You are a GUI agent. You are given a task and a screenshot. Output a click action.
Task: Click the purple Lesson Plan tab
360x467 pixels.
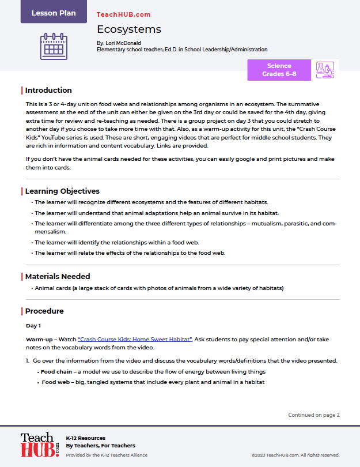(54, 13)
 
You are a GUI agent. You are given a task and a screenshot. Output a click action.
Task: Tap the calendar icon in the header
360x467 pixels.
(54, 46)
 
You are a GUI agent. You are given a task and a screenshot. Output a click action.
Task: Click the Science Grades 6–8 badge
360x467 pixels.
(279, 70)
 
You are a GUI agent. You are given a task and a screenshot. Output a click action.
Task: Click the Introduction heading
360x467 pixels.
(48, 91)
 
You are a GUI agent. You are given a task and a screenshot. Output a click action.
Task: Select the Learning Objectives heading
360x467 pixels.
(62, 191)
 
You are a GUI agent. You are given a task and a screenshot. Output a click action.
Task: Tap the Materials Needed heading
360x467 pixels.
(58, 277)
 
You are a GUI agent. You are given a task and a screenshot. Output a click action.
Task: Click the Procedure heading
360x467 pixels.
(44, 311)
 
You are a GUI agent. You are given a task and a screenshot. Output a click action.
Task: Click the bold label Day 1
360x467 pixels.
(34, 326)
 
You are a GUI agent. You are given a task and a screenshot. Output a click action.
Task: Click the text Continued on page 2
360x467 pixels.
(314, 415)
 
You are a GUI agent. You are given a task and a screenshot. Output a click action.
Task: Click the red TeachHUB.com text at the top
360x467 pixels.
(123, 14)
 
